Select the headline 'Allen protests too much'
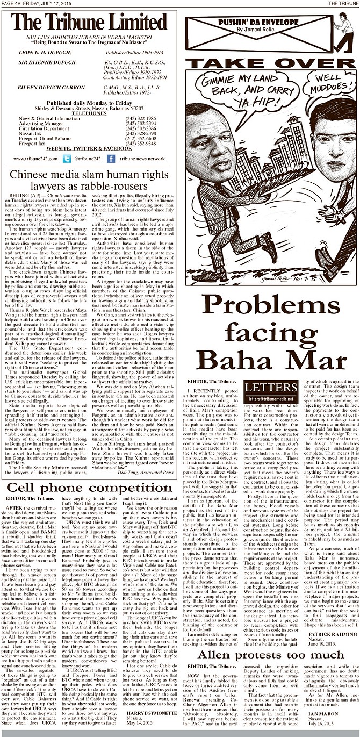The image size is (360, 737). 270,655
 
